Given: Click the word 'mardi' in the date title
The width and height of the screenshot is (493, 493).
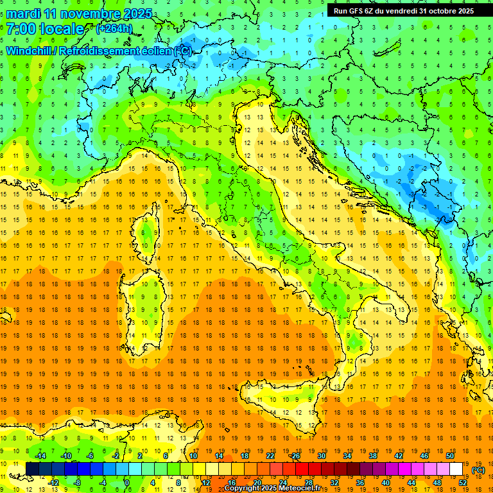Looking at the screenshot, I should tap(23, 13).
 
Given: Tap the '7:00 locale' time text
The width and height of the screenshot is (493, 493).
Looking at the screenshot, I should tap(45, 29).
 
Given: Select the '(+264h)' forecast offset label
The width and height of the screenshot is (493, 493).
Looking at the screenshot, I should tap(115, 29).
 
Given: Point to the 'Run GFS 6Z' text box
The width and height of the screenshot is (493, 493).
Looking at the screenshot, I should tap(404, 10).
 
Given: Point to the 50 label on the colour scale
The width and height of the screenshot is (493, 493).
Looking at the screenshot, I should tap(449, 456).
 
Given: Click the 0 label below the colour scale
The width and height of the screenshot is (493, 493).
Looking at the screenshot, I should tap(127, 482).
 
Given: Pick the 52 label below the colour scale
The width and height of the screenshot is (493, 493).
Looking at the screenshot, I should tap(462, 482).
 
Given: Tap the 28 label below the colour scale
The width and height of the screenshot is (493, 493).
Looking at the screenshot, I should tap(308, 482).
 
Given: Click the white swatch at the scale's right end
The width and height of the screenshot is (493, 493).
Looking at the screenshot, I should tap(456, 469).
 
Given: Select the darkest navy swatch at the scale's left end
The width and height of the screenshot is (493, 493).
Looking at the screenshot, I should tap(32, 469).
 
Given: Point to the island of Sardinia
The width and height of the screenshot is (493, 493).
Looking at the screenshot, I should tap(144, 302).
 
